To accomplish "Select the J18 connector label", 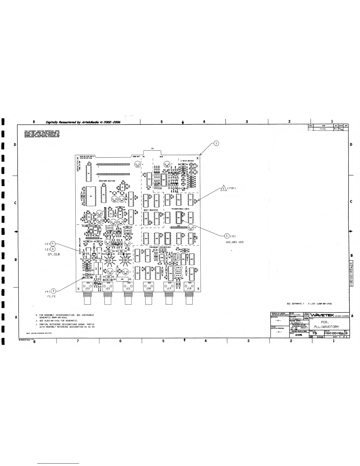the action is tap(189, 289).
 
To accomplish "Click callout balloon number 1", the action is tap(216, 143).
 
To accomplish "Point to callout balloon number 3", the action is tap(53, 291).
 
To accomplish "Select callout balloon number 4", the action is tap(53, 243).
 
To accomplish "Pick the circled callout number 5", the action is tap(53, 249).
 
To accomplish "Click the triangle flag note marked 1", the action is tap(224, 188).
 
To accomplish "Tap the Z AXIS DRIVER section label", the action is tap(187, 161).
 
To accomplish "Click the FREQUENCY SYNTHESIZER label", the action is tap(160, 247).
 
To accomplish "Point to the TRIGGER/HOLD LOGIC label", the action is tap(180, 209).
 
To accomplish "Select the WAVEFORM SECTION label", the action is tap(107, 181).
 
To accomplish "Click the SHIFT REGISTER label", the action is tap(152, 210).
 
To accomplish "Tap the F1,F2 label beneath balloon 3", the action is tap(51, 296).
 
